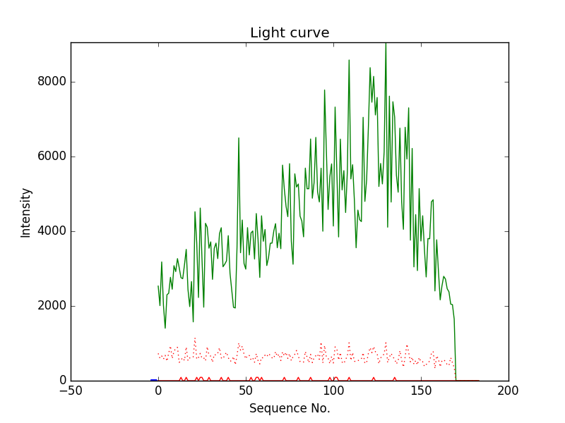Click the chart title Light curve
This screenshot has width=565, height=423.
coord(290,33)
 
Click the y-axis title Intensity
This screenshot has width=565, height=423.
coord(26,212)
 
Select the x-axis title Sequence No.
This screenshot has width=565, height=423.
coord(290,408)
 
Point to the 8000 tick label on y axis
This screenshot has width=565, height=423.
coord(51,82)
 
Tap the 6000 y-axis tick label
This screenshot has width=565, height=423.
coord(51,157)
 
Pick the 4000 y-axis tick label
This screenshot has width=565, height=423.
coord(51,231)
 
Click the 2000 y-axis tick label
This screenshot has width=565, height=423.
coord(51,306)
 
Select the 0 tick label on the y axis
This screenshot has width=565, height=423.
coord(61,381)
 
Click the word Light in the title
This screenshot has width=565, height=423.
coord(268,33)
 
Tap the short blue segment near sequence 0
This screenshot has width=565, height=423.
coord(154,379)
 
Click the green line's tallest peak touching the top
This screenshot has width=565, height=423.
coord(386,44)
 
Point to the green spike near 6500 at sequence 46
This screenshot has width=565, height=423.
coord(239,138)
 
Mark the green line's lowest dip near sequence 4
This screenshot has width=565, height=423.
coord(165,327)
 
